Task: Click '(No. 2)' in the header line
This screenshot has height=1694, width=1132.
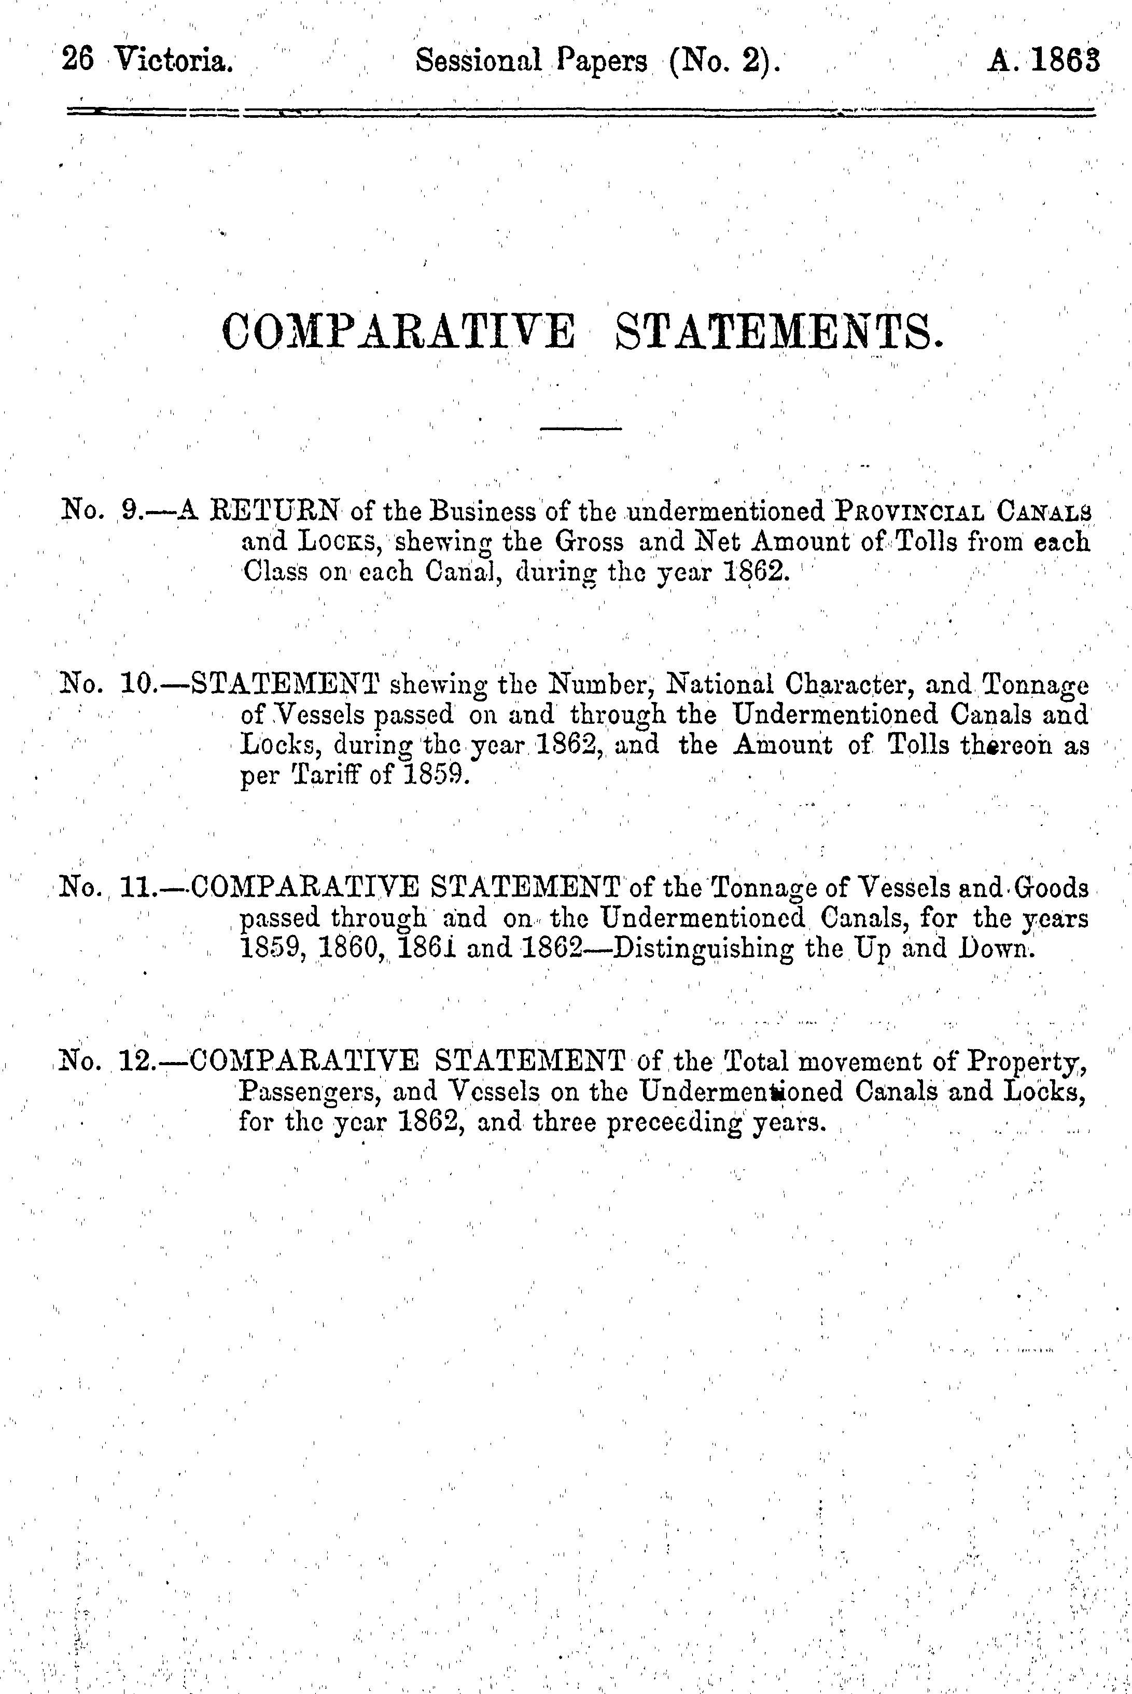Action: point(724,61)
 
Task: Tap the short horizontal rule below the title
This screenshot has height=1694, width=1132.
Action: point(581,431)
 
